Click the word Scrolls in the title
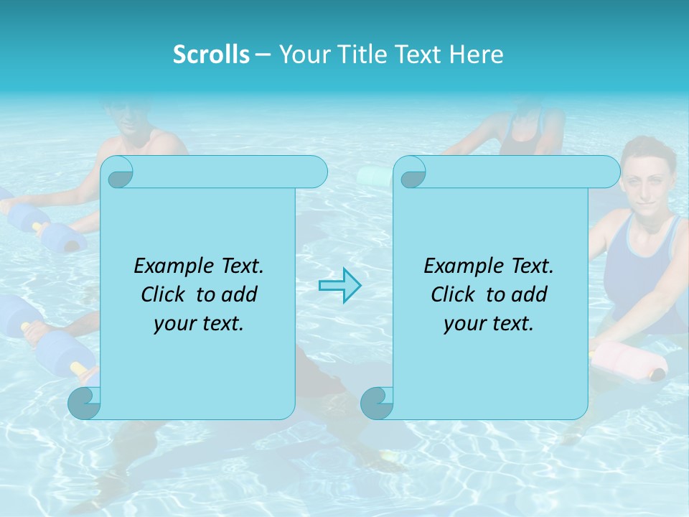tap(211, 54)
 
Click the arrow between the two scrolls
tap(339, 286)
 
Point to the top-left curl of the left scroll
tap(118, 172)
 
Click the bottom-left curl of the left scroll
tap(85, 403)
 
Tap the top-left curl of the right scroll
tap(411, 172)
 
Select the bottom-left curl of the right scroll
tap(376, 403)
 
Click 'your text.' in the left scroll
tap(199, 324)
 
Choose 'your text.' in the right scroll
tap(489, 324)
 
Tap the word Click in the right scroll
tap(452, 294)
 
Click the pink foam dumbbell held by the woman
tap(632, 360)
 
